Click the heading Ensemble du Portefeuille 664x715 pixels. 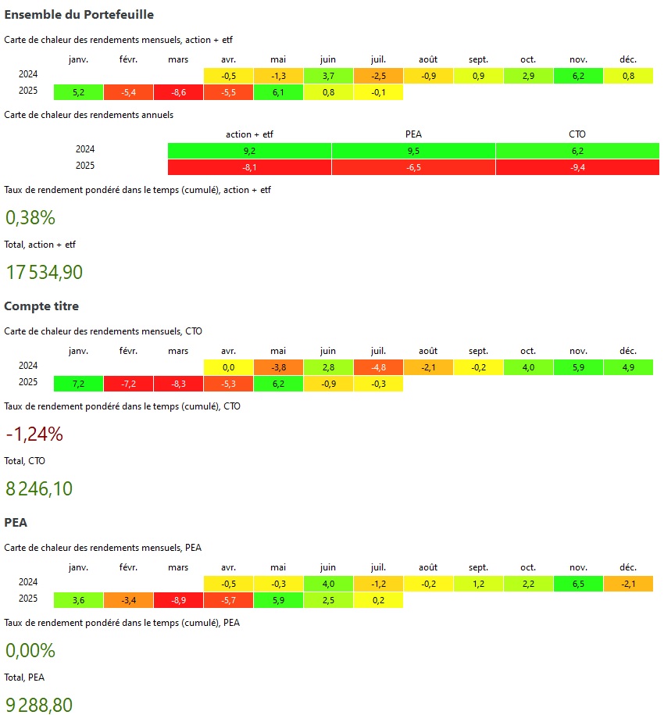(x=79, y=15)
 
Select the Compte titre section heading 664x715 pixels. (x=41, y=306)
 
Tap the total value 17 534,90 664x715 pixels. (x=44, y=272)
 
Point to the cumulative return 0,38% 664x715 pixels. (x=30, y=217)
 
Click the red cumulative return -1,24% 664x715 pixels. (x=34, y=434)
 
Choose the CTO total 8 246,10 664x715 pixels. (x=39, y=488)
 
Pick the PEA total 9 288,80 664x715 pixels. (x=39, y=705)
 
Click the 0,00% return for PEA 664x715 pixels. (x=30, y=650)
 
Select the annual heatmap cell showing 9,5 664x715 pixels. (x=413, y=150)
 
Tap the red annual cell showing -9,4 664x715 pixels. (x=577, y=166)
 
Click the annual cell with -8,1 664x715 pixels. (x=249, y=166)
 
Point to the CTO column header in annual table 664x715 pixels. (x=577, y=134)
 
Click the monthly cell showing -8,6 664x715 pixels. (x=178, y=92)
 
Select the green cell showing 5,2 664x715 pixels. (x=78, y=92)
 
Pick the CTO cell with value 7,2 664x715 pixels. (x=78, y=384)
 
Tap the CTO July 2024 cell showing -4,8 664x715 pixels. (x=378, y=366)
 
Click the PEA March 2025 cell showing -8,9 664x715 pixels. (x=178, y=600)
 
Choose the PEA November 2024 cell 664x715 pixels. (x=578, y=583)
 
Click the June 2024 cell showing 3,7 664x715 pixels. (x=328, y=75)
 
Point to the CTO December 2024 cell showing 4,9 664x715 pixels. (x=628, y=366)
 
